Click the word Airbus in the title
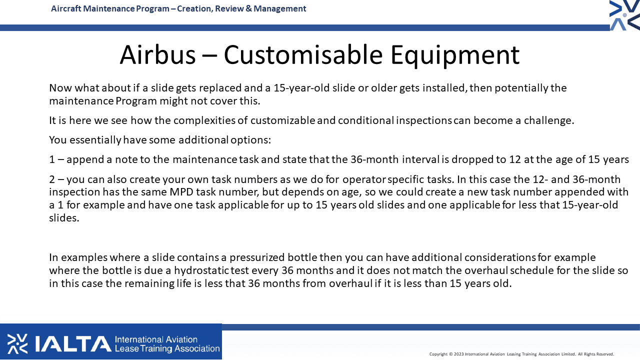pyautogui.click(x=157, y=54)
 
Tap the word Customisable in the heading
pyautogui.click(x=303, y=54)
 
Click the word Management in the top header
pyautogui.click(x=279, y=8)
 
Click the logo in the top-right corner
pyautogui.click(x=624, y=15)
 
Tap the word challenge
pyautogui.click(x=548, y=120)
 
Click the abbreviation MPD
pyautogui.click(x=181, y=192)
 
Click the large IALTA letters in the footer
pyautogui.click(x=73, y=344)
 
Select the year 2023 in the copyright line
pyautogui.click(x=458, y=354)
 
